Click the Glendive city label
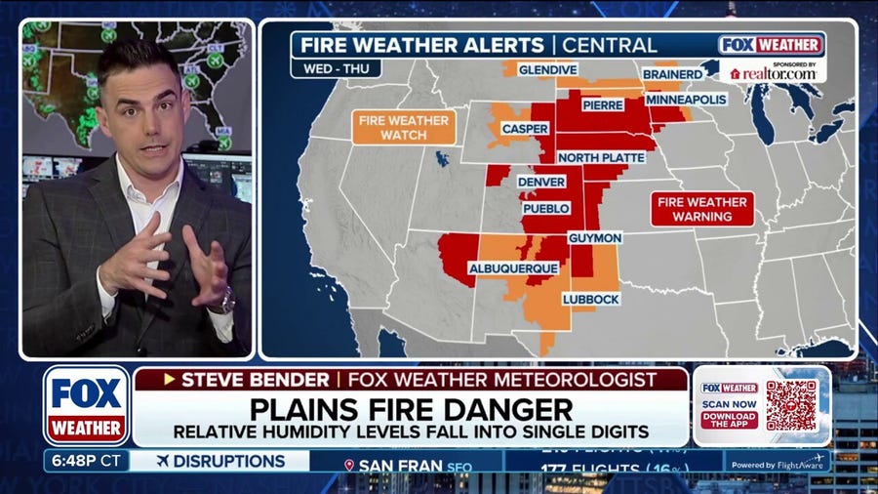[x=547, y=69]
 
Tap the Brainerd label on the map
[x=672, y=74]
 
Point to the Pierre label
[x=603, y=104]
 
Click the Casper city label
[x=525, y=129]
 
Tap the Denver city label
[x=541, y=182]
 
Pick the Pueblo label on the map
[x=545, y=209]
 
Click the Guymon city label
[x=594, y=237]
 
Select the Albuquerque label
[x=513, y=268]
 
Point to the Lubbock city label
[x=591, y=299]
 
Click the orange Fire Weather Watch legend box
[x=404, y=128]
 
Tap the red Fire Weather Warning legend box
[x=702, y=209]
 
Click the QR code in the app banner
[x=790, y=405]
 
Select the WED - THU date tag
[x=335, y=68]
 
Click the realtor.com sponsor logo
[x=774, y=72]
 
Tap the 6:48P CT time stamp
[x=85, y=461]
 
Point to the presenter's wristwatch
[x=226, y=300]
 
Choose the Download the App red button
[x=729, y=421]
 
